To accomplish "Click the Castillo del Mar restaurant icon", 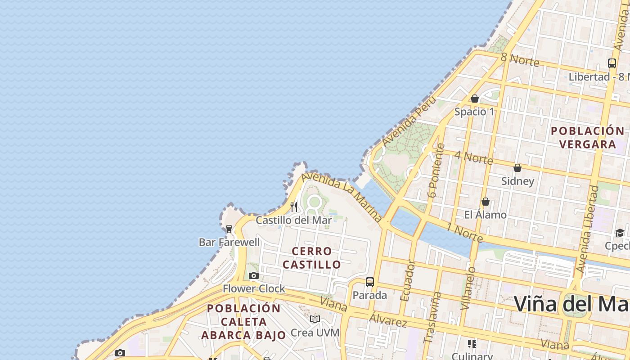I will pos(294,207).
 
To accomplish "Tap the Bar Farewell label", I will pos(229,242).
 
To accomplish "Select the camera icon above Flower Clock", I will pos(254,275).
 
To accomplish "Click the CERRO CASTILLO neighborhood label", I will pos(312,258).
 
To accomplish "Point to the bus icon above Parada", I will pos(370,282).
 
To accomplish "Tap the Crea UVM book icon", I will pos(315,319).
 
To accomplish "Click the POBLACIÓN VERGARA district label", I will pos(588,137).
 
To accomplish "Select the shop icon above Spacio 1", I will pos(475,99).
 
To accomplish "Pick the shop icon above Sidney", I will pos(517,168).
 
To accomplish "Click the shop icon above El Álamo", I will pos(486,202).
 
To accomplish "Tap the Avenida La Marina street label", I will pos(342,197).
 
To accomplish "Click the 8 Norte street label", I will pos(520,59).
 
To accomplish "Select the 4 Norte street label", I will pos(473,157).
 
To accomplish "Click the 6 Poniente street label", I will pos(436,171).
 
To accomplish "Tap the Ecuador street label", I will pos(408,282).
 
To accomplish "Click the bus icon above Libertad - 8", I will pos(612,63).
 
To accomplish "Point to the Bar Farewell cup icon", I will pos(229,229).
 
